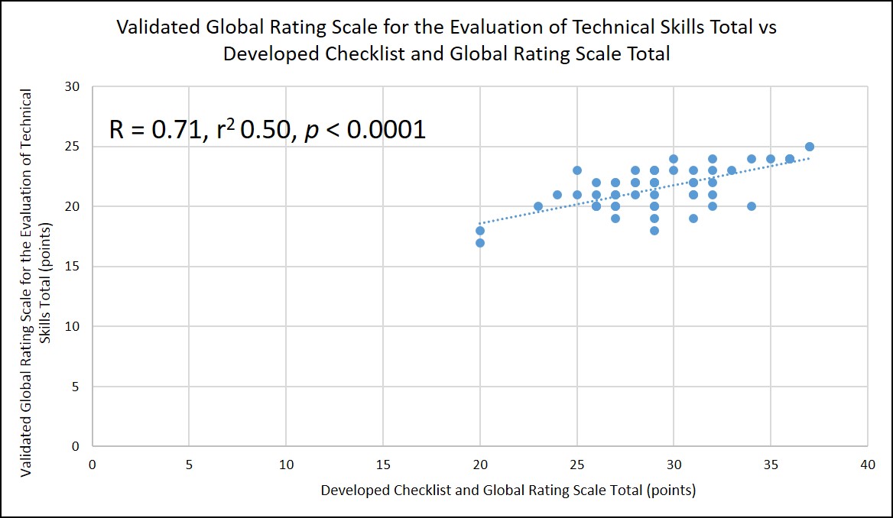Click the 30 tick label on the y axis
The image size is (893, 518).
[73, 87]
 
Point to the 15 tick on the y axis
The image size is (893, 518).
[73, 267]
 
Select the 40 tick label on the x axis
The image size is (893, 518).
[867, 465]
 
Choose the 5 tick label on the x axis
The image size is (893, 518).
[189, 465]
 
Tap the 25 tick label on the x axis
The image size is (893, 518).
[576, 465]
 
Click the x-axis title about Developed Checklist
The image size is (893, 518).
[508, 490]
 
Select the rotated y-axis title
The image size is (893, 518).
[36, 283]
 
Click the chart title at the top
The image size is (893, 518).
[446, 40]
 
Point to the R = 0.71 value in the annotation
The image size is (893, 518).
[157, 130]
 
